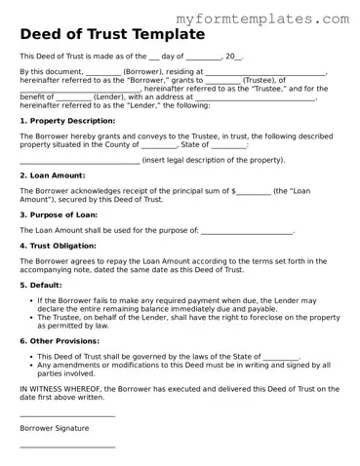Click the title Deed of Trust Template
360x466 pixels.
click(112, 34)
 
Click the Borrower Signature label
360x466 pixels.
click(55, 427)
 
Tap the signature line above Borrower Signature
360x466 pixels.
click(67, 415)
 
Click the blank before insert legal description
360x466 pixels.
click(80, 161)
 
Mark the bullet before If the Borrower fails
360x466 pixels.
click(29, 300)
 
